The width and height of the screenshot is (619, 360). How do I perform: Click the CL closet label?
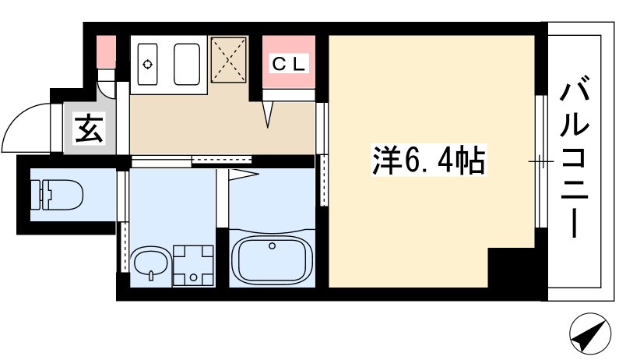(288, 63)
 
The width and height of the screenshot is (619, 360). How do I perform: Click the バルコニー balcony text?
(575, 157)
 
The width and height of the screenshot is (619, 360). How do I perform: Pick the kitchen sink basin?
(189, 62)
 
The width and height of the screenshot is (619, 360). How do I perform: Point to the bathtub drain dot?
(272, 246)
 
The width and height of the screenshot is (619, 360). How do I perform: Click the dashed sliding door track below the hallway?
(209, 161)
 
